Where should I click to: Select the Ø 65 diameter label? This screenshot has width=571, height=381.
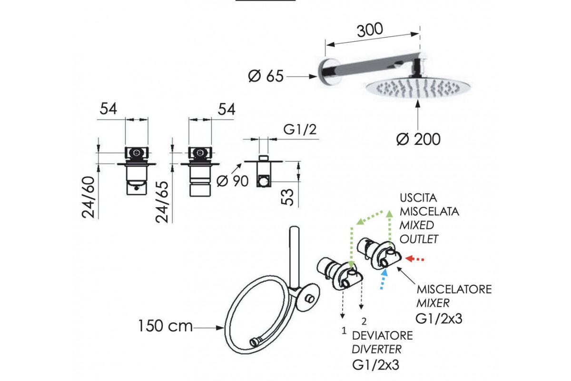click(x=266, y=76)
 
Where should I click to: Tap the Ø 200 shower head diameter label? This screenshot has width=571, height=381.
click(x=418, y=139)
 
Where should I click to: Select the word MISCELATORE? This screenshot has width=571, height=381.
click(x=454, y=290)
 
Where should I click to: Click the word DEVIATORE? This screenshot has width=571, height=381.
click(x=382, y=335)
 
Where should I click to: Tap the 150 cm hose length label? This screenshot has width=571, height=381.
click(x=165, y=327)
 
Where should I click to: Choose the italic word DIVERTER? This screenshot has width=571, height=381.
click(x=376, y=349)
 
